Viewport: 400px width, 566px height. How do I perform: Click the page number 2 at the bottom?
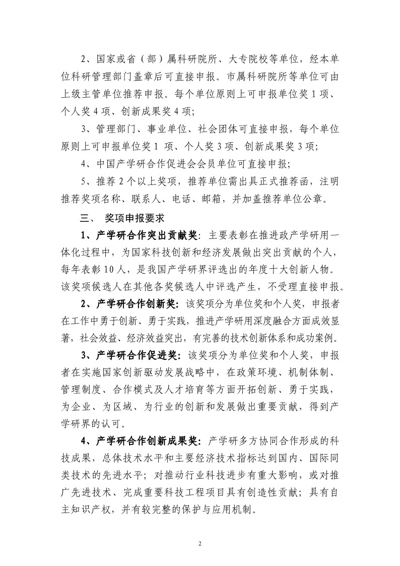[200, 543]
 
